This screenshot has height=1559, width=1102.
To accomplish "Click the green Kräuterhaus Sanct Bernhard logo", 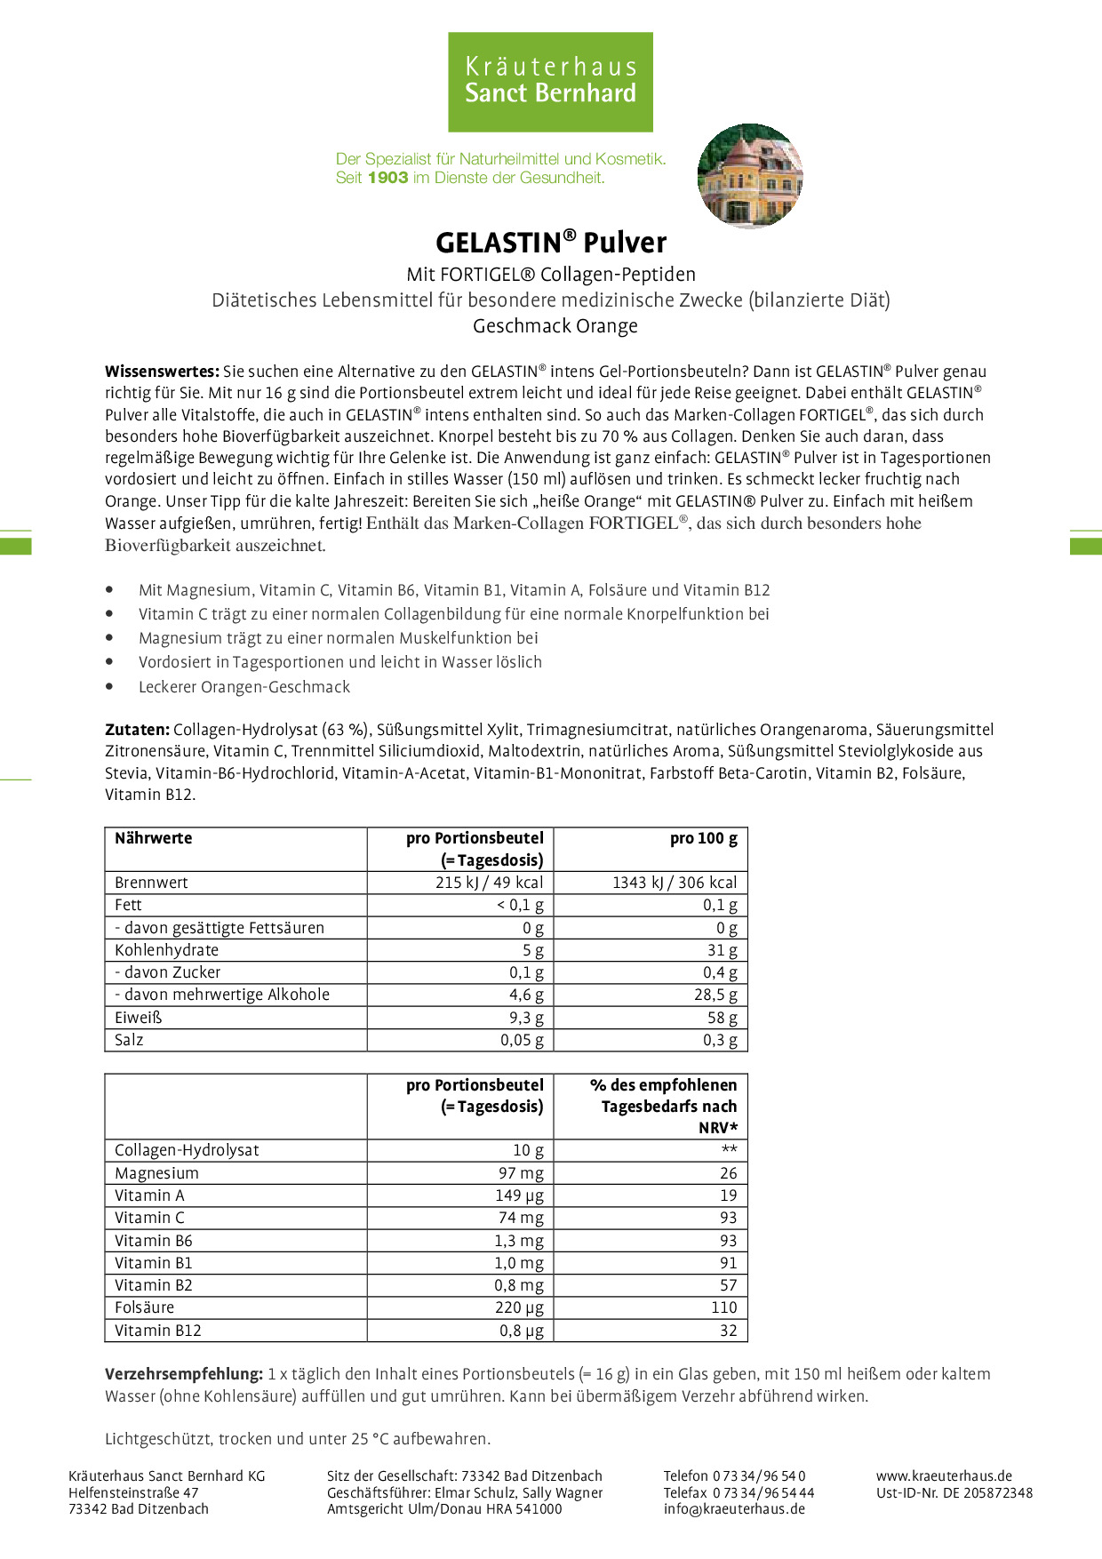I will pyautogui.click(x=550, y=82).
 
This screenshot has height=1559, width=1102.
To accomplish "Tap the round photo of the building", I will pyautogui.click(x=750, y=176).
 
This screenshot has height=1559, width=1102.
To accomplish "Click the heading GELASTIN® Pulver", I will pyautogui.click(x=551, y=243).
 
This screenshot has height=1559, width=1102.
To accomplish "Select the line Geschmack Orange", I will pyautogui.click(x=555, y=326).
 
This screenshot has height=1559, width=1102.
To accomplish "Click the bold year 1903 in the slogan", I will pyautogui.click(x=387, y=178).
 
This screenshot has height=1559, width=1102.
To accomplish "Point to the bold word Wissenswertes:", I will pyautogui.click(x=162, y=372).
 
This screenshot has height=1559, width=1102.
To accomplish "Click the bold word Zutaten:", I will pyautogui.click(x=137, y=730).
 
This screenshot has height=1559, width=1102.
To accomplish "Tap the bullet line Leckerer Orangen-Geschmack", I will pyautogui.click(x=244, y=687).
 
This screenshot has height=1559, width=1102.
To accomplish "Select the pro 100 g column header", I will pyautogui.click(x=703, y=838).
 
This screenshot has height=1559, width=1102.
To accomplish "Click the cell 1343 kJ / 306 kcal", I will pyautogui.click(x=675, y=883).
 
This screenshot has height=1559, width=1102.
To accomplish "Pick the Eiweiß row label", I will pyautogui.click(x=139, y=1018).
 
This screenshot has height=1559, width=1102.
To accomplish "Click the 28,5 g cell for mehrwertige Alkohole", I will pyautogui.click(x=715, y=995).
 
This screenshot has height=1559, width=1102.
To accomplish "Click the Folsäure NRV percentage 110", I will pyautogui.click(x=723, y=1307).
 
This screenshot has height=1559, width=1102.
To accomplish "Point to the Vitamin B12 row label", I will pyautogui.click(x=158, y=1331).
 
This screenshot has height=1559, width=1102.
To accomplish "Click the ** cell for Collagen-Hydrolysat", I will pyautogui.click(x=729, y=1150).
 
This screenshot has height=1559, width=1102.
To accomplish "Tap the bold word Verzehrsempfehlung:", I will pyautogui.click(x=184, y=1374).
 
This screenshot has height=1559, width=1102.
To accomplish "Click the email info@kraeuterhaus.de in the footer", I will pyautogui.click(x=734, y=1508).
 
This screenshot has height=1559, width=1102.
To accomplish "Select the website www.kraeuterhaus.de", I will pyautogui.click(x=944, y=1475).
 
